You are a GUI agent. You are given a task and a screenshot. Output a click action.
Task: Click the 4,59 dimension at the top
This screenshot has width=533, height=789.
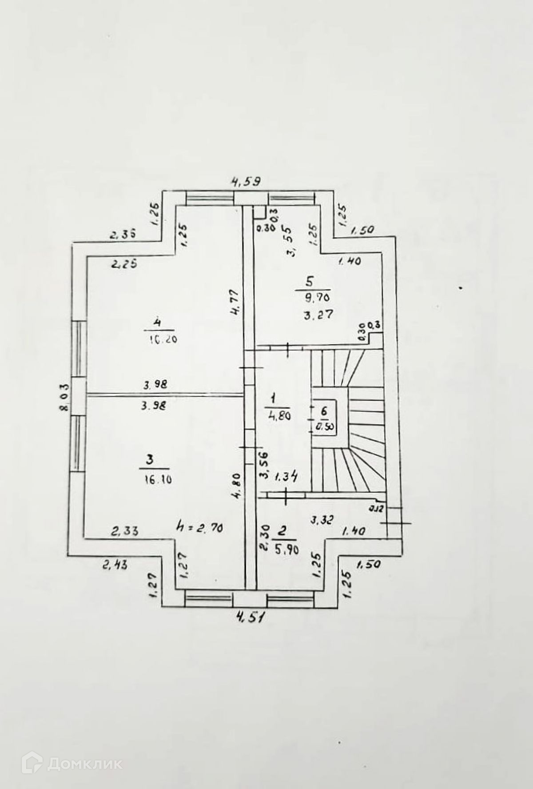coord(245,182)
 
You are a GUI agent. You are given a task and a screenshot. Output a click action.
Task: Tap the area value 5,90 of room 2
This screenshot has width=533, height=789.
coord(286,550)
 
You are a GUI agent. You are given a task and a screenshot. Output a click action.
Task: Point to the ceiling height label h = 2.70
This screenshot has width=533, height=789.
coord(199,528)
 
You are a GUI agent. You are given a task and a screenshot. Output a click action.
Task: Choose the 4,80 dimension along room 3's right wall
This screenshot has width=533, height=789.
coord(236,486)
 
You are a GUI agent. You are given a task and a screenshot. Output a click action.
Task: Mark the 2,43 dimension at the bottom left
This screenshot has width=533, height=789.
coord(115,566)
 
